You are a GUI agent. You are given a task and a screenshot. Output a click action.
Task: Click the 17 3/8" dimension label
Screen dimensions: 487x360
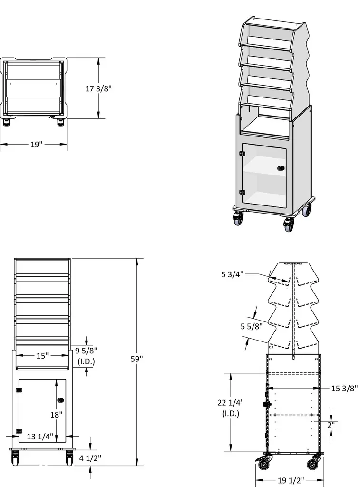98,88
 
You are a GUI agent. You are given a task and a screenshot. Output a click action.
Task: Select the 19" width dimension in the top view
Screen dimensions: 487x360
37,145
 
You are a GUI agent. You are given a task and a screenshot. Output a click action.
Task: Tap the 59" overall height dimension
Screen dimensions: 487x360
137,359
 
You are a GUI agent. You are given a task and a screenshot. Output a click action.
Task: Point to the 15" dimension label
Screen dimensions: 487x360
43,355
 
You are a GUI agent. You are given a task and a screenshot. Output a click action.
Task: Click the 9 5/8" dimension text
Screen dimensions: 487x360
86,351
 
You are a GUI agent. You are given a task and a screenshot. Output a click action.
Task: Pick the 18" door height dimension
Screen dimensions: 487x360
57,414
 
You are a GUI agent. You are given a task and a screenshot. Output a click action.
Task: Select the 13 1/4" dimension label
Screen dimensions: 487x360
40,437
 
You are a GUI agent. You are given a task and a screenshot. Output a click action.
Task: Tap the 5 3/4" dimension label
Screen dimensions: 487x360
233,274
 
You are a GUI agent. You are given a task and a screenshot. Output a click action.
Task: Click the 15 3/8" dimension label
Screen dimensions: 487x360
344,389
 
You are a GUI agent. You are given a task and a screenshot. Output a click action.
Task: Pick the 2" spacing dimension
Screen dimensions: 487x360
331,425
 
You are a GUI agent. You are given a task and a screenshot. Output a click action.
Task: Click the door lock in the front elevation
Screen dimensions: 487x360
60,399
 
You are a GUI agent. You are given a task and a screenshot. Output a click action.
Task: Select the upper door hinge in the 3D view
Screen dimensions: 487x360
242,154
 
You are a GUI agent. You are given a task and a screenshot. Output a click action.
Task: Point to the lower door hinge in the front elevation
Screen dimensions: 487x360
19,431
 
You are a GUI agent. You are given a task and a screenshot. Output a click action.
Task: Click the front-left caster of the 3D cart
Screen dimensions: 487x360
238,219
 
